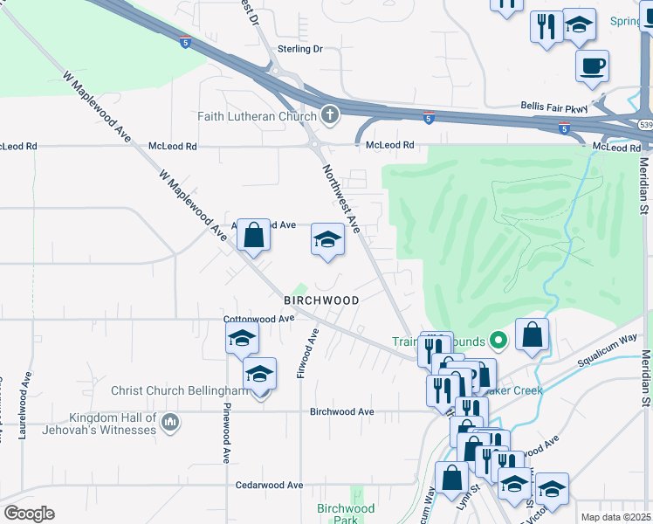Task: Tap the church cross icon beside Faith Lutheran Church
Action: coord(330,114)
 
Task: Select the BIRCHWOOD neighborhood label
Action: coord(321,300)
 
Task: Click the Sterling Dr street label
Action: coord(299,50)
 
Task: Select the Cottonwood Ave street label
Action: coord(259,320)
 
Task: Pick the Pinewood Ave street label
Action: coord(225,432)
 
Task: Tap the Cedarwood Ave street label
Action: coord(269,485)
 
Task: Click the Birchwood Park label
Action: coord(346,514)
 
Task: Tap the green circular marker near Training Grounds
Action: coord(498,341)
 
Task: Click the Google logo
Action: coord(29,514)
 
